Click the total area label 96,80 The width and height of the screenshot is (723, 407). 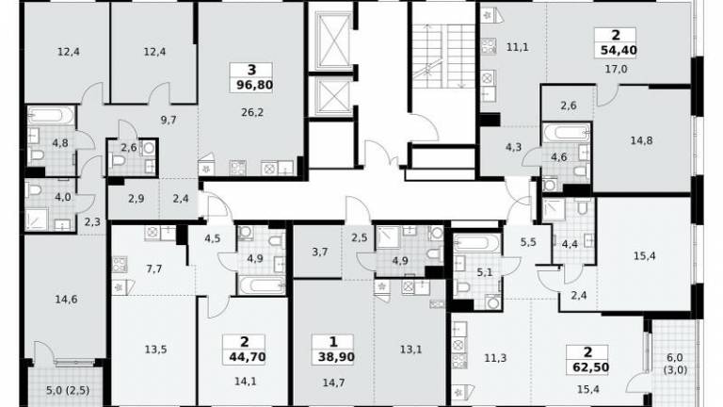pyautogui.click(x=254, y=86)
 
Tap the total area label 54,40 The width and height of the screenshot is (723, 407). pyautogui.click(x=619, y=50)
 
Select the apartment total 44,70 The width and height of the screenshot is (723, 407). pyautogui.click(x=248, y=357)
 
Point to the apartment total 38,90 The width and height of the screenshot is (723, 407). pyautogui.click(x=336, y=357)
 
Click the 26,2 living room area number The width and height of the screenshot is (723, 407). pyautogui.click(x=252, y=112)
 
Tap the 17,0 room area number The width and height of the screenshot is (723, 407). pyautogui.click(x=616, y=69)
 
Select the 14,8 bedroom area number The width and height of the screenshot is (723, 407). pyautogui.click(x=641, y=140)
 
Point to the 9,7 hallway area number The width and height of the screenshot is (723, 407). pyautogui.click(x=169, y=120)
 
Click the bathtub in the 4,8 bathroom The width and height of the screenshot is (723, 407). pyautogui.click(x=51, y=115)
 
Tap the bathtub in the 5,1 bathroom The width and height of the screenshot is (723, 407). pyautogui.click(x=476, y=243)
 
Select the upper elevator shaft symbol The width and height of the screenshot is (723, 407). pyautogui.click(x=333, y=41)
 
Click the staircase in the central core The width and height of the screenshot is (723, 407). pyautogui.click(x=443, y=56)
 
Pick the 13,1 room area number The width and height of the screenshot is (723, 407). pyautogui.click(x=410, y=350)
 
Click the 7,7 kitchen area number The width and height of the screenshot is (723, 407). pyautogui.click(x=154, y=269)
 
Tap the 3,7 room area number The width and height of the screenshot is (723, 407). pyautogui.click(x=319, y=252)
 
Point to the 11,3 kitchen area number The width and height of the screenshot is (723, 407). pyautogui.click(x=495, y=357)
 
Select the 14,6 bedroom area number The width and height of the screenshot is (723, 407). pyautogui.click(x=66, y=300)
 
